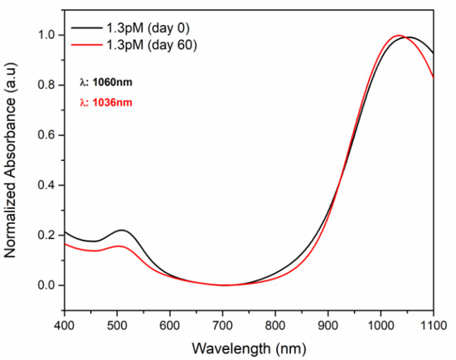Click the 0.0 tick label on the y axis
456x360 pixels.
[x=48, y=285]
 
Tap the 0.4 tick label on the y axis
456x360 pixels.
[x=48, y=185]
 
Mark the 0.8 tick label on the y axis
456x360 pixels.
[x=48, y=85]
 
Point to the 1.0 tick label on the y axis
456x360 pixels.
[x=48, y=36]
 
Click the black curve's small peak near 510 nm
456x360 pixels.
[x=122, y=230]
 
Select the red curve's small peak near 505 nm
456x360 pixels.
[x=119, y=246]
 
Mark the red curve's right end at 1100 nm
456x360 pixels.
[x=433, y=78]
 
